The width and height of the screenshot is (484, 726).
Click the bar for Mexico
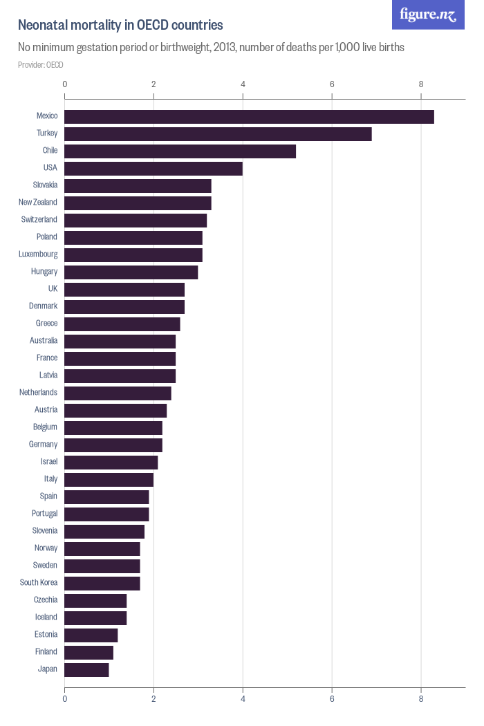pyautogui.click(x=249, y=117)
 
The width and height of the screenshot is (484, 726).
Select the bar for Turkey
pyautogui.click(x=218, y=134)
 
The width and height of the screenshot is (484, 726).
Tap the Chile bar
pyautogui.click(x=180, y=151)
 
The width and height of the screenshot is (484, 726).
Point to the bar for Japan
pyautogui.click(x=87, y=670)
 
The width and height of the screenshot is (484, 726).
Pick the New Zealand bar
pyautogui.click(x=138, y=203)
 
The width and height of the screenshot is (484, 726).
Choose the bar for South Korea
pyautogui.click(x=102, y=584)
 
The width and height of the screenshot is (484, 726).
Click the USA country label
pyautogui.click(x=50, y=168)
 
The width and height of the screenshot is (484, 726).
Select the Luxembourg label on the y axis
pyautogui.click(x=38, y=254)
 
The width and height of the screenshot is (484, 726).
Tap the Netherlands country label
pyautogui.click(x=39, y=393)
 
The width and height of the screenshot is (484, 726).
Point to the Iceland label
pyautogui.click(x=46, y=617)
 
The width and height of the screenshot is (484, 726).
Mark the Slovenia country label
pyautogui.click(x=45, y=531)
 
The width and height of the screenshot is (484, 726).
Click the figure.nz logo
pyautogui.click(x=428, y=15)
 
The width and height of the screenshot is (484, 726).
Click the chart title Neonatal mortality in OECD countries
pyautogui.click(x=120, y=26)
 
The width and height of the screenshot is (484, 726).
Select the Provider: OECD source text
pyautogui.click(x=41, y=65)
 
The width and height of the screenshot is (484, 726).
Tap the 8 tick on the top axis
pyautogui.click(x=421, y=84)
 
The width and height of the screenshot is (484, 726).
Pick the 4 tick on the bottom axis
pyautogui.click(x=243, y=699)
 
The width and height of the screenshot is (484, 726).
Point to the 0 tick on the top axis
pyautogui.click(x=65, y=84)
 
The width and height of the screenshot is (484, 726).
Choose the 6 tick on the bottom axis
pyautogui.click(x=332, y=699)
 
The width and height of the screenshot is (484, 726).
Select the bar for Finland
pyautogui.click(x=89, y=653)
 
